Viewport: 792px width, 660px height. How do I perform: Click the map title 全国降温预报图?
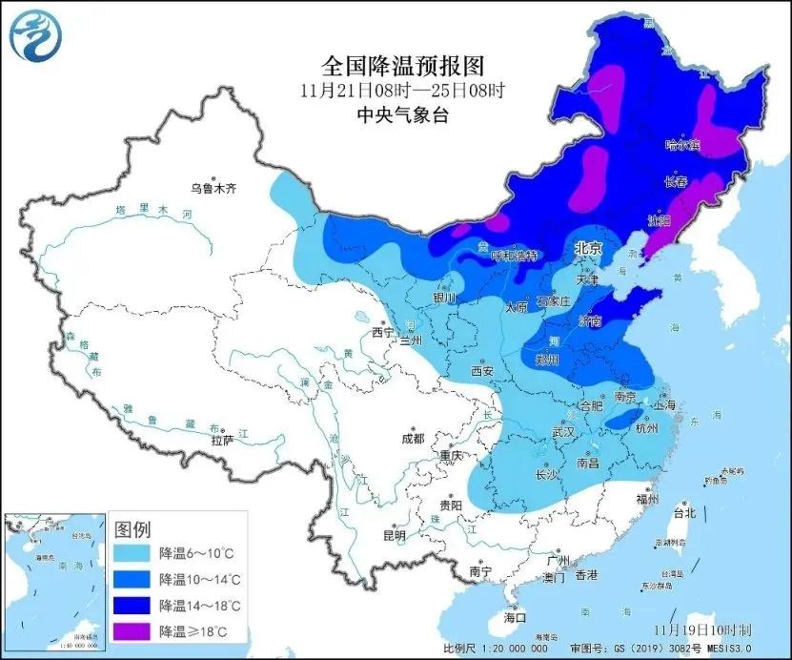tap(403, 66)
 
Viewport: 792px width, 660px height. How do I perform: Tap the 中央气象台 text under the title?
tap(402, 115)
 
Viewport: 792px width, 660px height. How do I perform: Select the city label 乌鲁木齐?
tap(212, 189)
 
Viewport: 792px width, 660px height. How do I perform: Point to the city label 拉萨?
tap(222, 442)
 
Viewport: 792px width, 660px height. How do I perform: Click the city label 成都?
tap(412, 439)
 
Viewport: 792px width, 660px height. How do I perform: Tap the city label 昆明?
tap(393, 535)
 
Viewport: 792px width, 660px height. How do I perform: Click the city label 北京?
tap(588, 248)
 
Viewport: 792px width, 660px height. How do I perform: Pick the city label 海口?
tap(514, 618)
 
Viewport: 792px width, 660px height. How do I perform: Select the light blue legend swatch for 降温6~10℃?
tap(132, 553)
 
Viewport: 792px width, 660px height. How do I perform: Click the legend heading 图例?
tap(132, 528)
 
